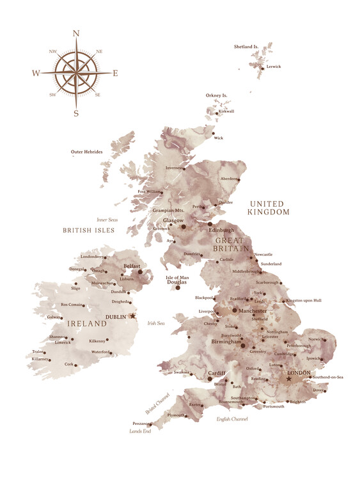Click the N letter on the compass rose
76,33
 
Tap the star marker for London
288,379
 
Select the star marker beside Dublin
133,316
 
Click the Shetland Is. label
246,47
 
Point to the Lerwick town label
273,67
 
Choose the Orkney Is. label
216,95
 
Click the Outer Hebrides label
86,152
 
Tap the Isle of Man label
178,278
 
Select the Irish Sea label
156,324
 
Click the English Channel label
231,419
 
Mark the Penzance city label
141,423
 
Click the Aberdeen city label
230,179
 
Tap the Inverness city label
174,168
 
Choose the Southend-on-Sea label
328,378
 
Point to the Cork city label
69,364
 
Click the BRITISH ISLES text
88,229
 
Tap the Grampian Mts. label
168,210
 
